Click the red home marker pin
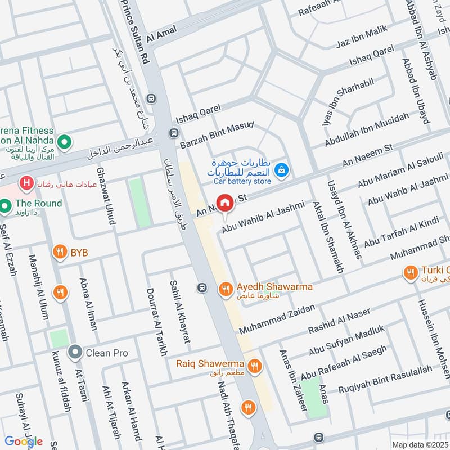point(225,202)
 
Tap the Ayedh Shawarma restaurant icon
point(225,289)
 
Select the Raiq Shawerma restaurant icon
point(255,366)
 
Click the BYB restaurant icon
point(60,253)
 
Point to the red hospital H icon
point(25,183)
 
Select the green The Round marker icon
point(6,208)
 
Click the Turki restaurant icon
point(411,273)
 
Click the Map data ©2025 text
point(419,444)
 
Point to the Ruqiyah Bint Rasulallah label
point(385,378)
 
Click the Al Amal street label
point(161,34)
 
